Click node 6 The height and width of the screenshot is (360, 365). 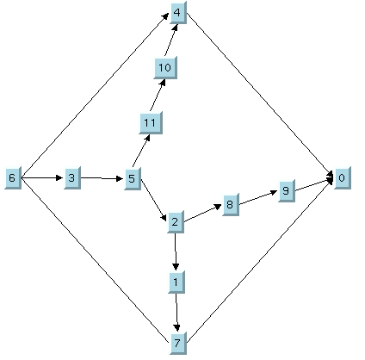[13, 178]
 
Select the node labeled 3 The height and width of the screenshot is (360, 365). [72, 178]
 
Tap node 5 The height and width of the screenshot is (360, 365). [133, 178]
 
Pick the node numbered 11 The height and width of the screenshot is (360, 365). [151, 123]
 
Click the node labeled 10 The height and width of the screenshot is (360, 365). [165, 68]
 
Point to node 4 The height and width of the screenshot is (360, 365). [178, 13]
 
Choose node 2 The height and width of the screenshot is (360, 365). [176, 221]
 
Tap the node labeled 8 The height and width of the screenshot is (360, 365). [231, 204]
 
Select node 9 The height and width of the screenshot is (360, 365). [287, 191]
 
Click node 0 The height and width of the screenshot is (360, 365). [343, 178]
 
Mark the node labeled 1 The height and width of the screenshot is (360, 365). [176, 282]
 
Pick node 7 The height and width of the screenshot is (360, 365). [178, 343]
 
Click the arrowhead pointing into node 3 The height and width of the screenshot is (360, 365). [59, 178]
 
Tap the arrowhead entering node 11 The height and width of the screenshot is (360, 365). [147, 138]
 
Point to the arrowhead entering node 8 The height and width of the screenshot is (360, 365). [218, 206]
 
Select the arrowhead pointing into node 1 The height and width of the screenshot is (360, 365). [176, 266]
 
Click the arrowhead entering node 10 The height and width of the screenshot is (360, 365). [163, 83]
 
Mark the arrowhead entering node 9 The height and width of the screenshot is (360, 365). [274, 192]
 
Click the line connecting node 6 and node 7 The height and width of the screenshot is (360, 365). [95, 260]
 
